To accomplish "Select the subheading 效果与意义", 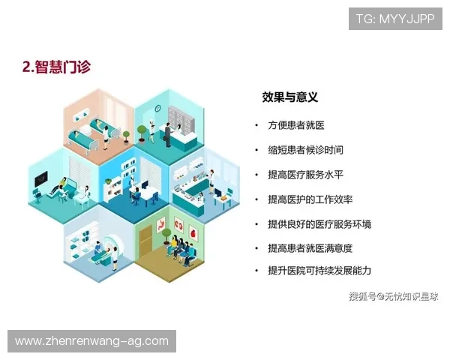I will coord(289,97).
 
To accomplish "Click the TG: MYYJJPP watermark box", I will coord(396,18).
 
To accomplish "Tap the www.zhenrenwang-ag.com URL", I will coord(92,342).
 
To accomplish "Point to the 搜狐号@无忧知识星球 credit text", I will coord(392,296).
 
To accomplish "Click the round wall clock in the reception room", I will coord(157,107).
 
